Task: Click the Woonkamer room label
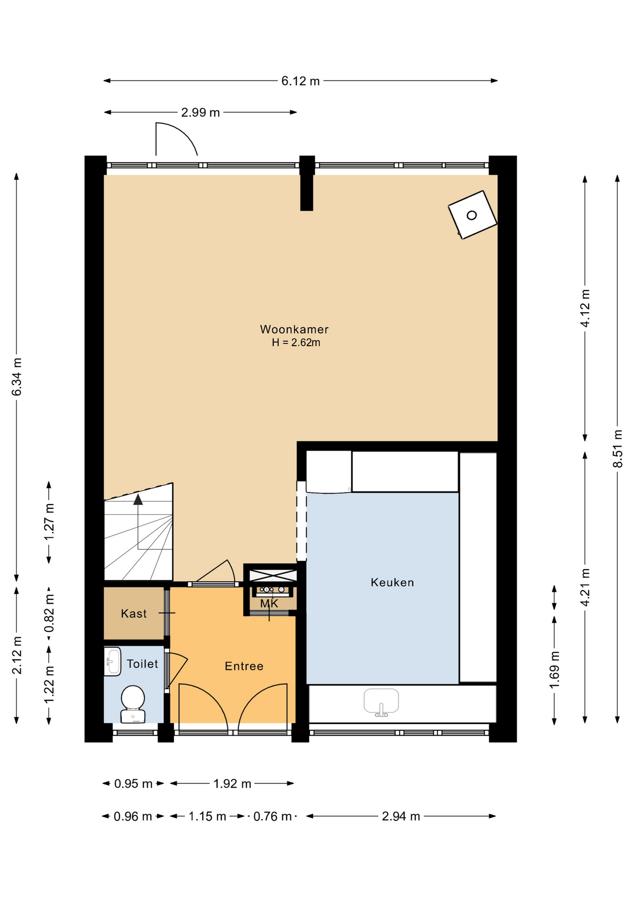(294, 329)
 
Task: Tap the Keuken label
(392, 582)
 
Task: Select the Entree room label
(244, 666)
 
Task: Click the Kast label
(134, 613)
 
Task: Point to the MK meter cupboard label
(269, 604)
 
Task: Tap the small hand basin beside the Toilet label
(113, 661)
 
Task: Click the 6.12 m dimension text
(300, 81)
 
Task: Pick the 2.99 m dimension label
(200, 113)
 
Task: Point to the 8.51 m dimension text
(618, 448)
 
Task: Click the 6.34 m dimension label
(17, 377)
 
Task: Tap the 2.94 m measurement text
(401, 816)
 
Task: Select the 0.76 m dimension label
(272, 816)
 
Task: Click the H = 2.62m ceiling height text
(296, 342)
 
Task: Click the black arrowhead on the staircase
(138, 499)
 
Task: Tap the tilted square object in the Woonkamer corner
(472, 215)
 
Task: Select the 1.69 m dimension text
(554, 669)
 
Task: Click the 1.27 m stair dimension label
(49, 522)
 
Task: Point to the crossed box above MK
(273, 576)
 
